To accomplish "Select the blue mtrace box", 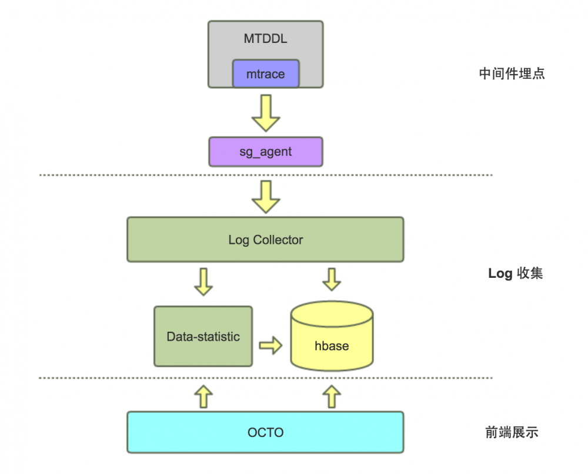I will (x=265, y=74).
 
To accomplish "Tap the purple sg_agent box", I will (x=265, y=152).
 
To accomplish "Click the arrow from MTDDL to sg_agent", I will (x=265, y=113).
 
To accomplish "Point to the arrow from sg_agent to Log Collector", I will (x=265, y=196).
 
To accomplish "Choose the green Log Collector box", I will (x=265, y=239).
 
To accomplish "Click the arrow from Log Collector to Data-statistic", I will (x=203, y=281).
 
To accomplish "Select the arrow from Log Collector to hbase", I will (x=332, y=280).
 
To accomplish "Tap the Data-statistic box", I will (x=203, y=337).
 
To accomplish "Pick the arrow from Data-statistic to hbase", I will (x=270, y=345).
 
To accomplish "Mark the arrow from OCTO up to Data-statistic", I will (x=203, y=396).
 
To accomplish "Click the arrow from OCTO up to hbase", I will (x=332, y=396).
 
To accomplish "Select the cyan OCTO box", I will (x=265, y=432).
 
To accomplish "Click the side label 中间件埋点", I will (x=512, y=74).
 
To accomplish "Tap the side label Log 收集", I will (x=516, y=274).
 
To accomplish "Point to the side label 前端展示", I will (x=512, y=433).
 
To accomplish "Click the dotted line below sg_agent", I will (x=265, y=175).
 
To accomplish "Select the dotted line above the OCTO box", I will (x=265, y=378).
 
